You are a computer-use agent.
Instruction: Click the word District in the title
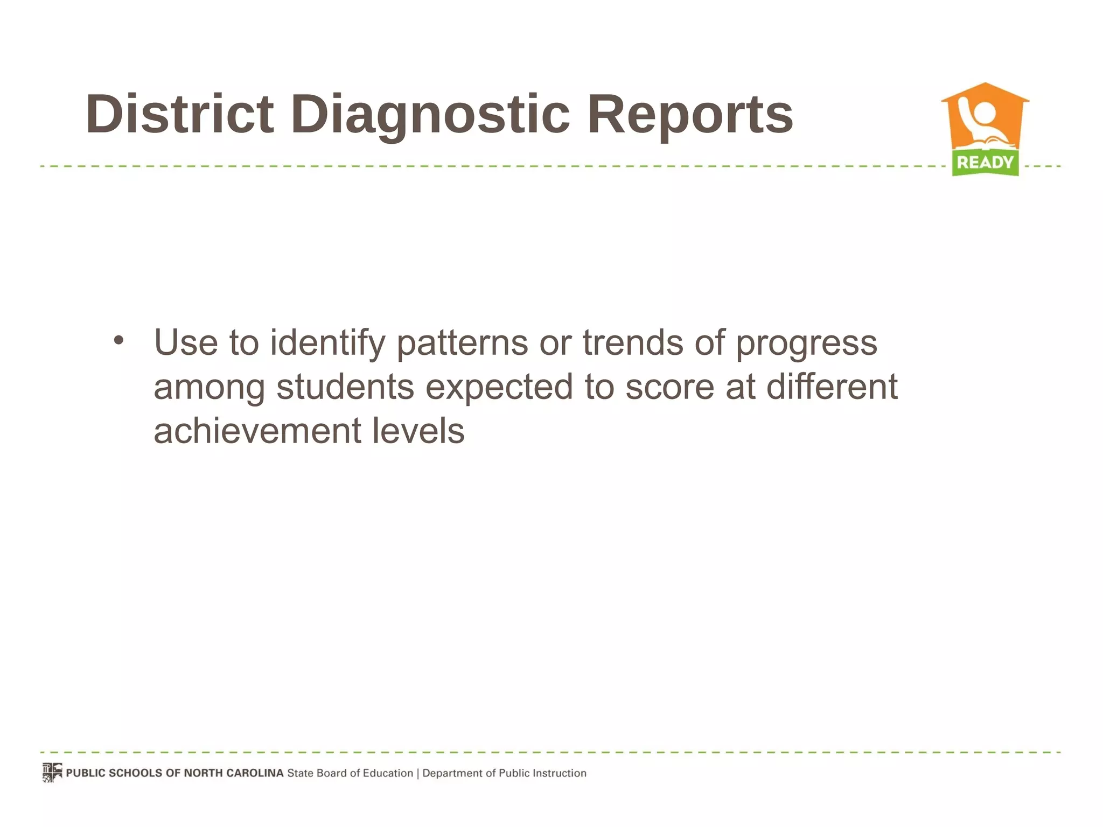coord(179,114)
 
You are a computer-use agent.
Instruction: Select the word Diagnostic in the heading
coord(430,114)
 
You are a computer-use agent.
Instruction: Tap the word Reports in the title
coord(690,114)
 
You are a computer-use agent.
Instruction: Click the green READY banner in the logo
coord(985,162)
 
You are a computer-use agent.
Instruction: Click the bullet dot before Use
coord(119,340)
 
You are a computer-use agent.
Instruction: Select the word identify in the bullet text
coord(327,343)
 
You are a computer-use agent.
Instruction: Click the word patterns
coord(462,343)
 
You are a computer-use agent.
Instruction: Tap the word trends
coord(632,343)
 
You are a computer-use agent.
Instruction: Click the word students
coord(345,387)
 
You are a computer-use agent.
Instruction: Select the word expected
coord(499,388)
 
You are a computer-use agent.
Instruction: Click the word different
coord(832,387)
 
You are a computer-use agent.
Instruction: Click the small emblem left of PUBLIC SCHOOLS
coord(52,772)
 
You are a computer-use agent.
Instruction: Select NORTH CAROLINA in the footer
coord(233,773)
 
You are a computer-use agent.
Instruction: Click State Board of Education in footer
coord(350,773)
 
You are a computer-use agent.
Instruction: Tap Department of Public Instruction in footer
coord(504,773)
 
